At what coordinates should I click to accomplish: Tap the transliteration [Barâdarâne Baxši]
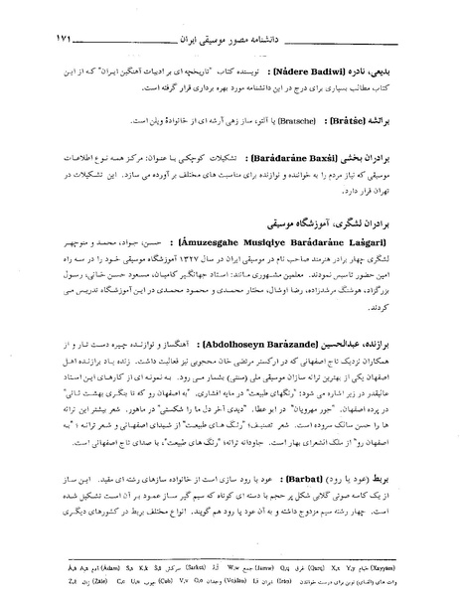point(307,159)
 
